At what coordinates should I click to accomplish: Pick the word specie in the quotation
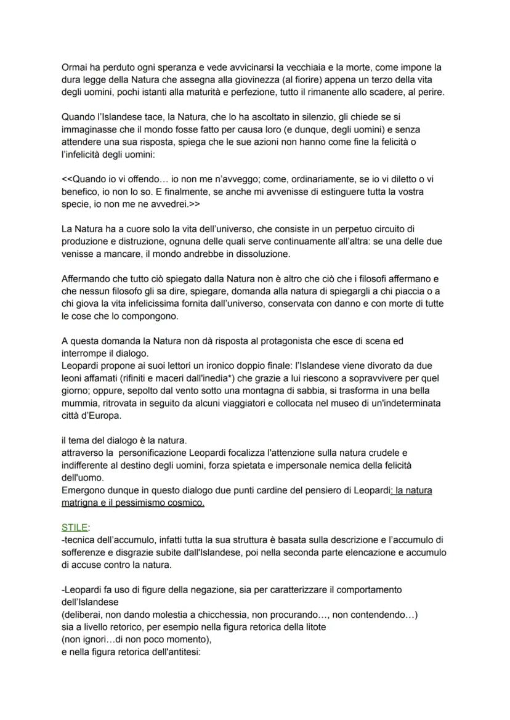pyautogui.click(x=75, y=203)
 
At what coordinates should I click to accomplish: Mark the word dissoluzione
pyautogui.click(x=261, y=254)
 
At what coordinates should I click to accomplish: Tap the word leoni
pyautogui.click(x=74, y=366)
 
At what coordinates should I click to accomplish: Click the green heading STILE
pyautogui.click(x=75, y=528)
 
